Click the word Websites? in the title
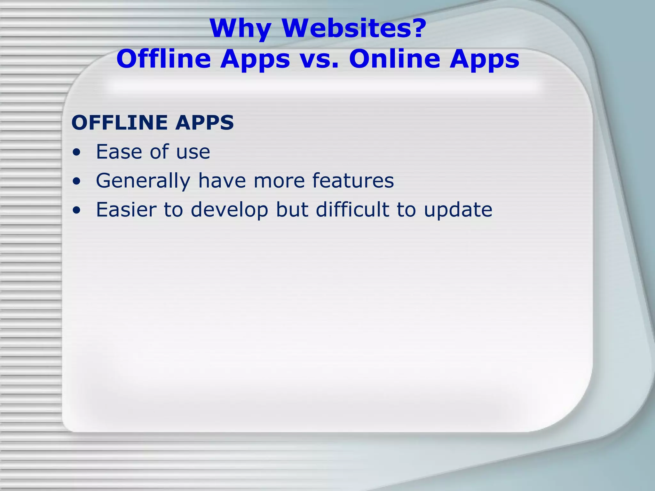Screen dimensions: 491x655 pos(354,28)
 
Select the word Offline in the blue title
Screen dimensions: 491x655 pos(163,59)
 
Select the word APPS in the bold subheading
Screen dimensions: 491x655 pos(204,122)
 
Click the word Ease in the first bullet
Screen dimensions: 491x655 pos(119,152)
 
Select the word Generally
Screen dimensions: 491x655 pos(143,181)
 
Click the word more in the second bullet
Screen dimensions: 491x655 pos(279,181)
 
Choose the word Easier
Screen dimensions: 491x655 pos(126,210)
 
